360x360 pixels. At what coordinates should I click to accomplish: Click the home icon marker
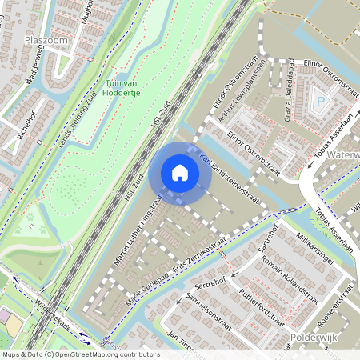pos(180,172)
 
